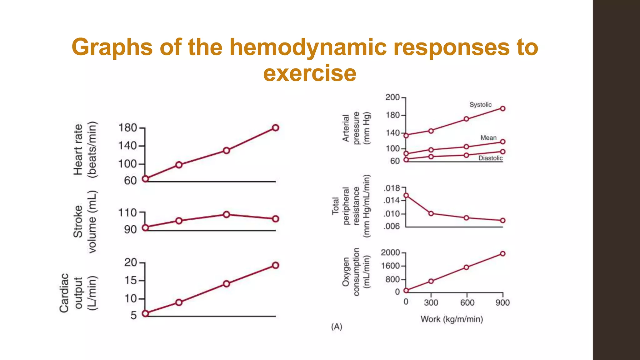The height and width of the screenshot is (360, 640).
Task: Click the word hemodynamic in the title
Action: pyautogui.click(x=307, y=47)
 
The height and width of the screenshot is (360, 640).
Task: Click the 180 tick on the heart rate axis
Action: pyautogui.click(x=128, y=128)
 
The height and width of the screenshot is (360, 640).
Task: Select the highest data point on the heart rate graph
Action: pyautogui.click(x=275, y=128)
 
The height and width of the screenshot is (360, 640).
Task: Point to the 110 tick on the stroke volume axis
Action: pyautogui.click(x=128, y=213)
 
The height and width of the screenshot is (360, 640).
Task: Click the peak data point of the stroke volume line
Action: pyautogui.click(x=227, y=214)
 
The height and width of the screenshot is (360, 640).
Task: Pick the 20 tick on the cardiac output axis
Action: pyautogui.click(x=131, y=262)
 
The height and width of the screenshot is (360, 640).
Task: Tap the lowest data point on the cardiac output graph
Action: pyautogui.click(x=145, y=313)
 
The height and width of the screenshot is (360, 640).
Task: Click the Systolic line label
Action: pyautogui.click(x=480, y=105)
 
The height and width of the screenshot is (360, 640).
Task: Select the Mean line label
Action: pyautogui.click(x=488, y=138)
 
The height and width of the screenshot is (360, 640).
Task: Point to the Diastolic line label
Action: pyautogui.click(x=490, y=158)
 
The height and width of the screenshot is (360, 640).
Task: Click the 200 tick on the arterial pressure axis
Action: pyautogui.click(x=393, y=97)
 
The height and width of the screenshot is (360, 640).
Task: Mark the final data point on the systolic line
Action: pyautogui.click(x=502, y=109)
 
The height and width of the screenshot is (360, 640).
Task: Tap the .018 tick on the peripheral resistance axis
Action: pyautogui.click(x=392, y=188)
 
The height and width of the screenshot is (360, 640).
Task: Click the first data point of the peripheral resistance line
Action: pyautogui.click(x=406, y=196)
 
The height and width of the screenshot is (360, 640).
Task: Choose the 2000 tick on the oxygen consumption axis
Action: pyautogui.click(x=390, y=252)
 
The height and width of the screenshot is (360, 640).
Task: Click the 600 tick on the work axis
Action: pyautogui.click(x=467, y=302)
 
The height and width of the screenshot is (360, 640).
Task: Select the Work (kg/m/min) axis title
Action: pyautogui.click(x=452, y=319)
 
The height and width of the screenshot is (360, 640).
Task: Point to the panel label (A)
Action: pyautogui.click(x=337, y=327)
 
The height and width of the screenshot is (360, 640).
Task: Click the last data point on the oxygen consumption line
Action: pyautogui.click(x=502, y=254)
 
